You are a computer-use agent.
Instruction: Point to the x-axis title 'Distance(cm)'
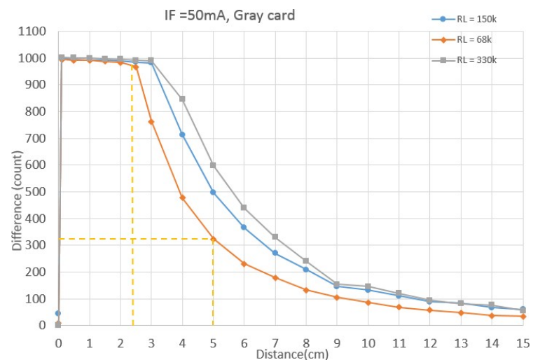coord(291,354)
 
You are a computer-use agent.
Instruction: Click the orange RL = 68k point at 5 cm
coord(213,239)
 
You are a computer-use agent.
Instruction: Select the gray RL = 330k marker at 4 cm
coord(182,99)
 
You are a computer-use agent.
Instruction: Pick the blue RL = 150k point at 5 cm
coord(213,192)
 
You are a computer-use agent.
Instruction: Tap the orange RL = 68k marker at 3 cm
coord(151,122)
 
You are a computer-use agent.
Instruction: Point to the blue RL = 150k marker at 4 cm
coord(182,134)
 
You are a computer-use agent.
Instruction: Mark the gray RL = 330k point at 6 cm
coord(244,207)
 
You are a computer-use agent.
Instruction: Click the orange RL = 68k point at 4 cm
coord(182,198)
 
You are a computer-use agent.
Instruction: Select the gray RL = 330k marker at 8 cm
coord(305,261)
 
